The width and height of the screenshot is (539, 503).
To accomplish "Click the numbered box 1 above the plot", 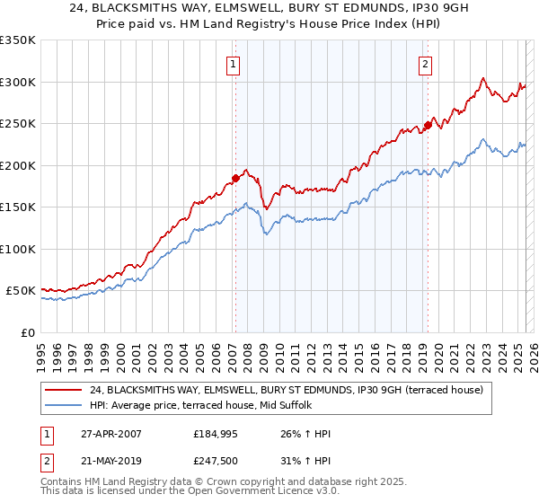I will (233, 64).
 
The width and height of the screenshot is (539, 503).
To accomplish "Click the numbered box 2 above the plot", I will (424, 64).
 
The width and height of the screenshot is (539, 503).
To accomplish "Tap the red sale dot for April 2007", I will (235, 178).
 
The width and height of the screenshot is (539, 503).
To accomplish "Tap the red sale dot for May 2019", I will (428, 126).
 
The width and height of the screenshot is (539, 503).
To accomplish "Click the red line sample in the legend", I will (65, 390).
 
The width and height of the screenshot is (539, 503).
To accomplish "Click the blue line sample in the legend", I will (65, 406).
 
